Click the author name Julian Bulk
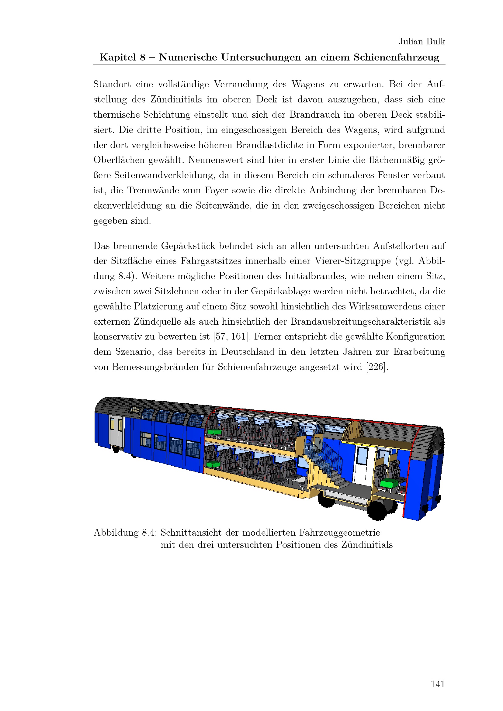coord(421,42)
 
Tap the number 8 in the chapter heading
coord(142,57)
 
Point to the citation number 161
coord(238,337)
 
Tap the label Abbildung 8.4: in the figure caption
coord(125,533)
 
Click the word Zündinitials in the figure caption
coord(367,545)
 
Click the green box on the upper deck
coord(214,432)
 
